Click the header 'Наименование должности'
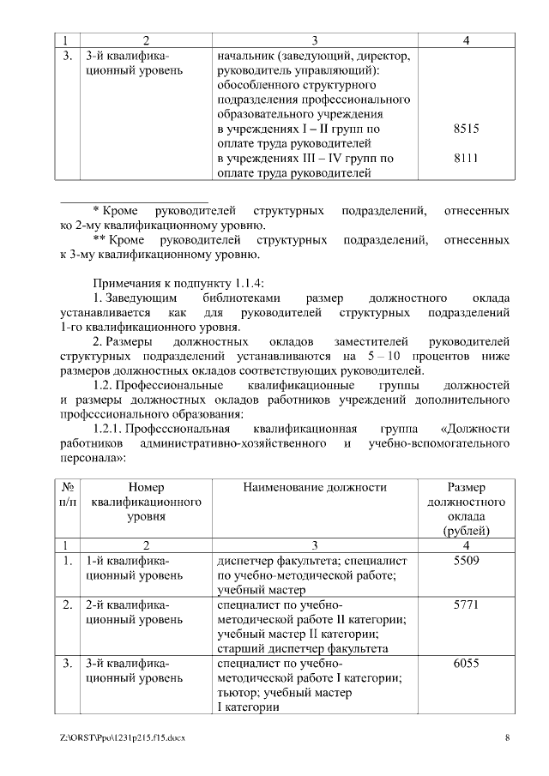pos(315,487)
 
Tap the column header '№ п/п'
pos(68,495)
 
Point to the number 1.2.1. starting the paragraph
pos(111,429)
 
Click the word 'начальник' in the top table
pos(244,55)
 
